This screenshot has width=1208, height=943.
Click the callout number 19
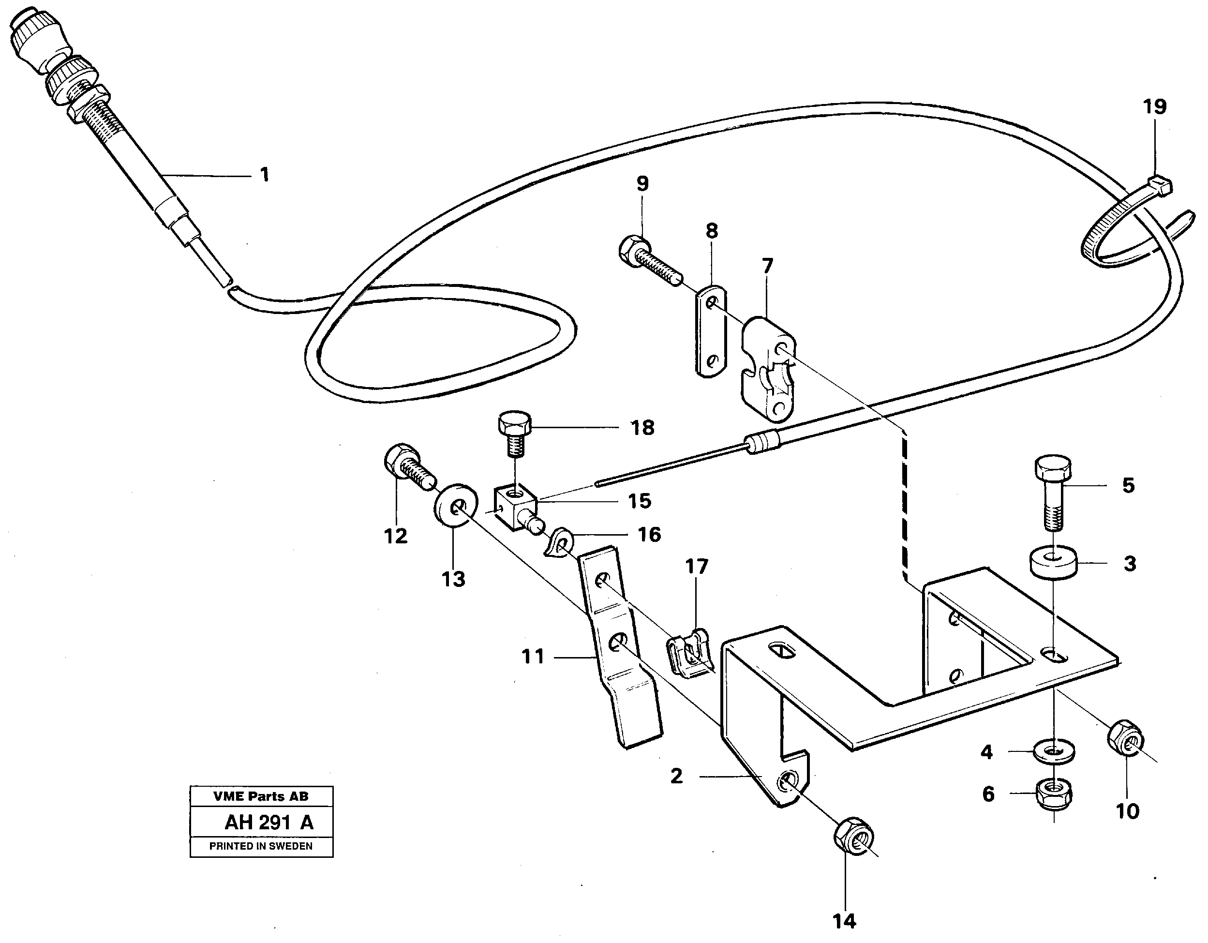[x=1155, y=107]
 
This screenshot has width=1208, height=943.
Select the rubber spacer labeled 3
[x=1053, y=563]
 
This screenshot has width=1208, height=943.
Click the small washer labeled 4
[x=1054, y=751]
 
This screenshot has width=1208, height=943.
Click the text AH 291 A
[x=268, y=823]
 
